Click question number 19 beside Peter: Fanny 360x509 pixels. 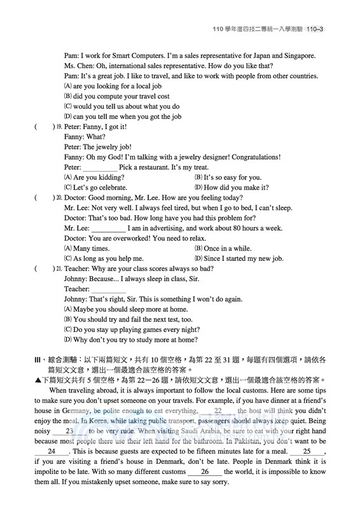(x=59, y=127)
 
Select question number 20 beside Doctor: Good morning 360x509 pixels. (x=59, y=198)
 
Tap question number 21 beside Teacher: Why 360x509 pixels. (x=59, y=269)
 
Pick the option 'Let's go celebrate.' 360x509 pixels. (x=100, y=188)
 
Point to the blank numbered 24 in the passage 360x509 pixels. (x=51, y=451)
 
